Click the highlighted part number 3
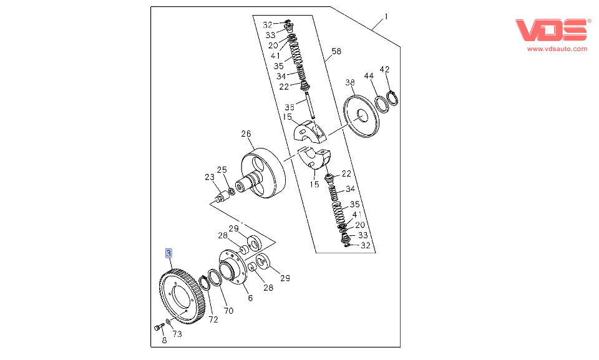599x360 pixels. [x=168, y=253]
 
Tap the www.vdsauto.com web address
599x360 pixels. [x=557, y=49]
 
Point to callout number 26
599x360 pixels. [x=246, y=134]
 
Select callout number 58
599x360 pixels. [x=336, y=52]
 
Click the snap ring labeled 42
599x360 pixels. [x=392, y=97]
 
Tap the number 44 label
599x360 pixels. [x=369, y=75]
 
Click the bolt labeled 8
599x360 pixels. [x=158, y=327]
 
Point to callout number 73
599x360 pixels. [x=177, y=334]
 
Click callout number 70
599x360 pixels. [x=228, y=310]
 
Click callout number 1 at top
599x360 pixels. [x=386, y=17]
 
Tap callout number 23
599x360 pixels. [x=209, y=177]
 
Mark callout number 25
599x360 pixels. [x=222, y=170]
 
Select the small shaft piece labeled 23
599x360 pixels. [x=220, y=197]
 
